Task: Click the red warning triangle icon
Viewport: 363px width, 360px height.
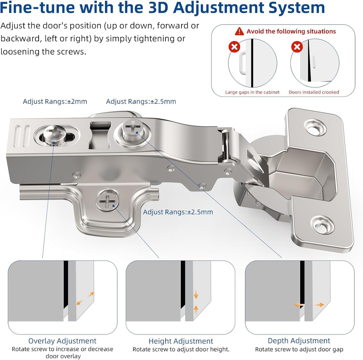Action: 239,31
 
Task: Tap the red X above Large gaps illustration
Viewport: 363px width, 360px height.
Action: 234,47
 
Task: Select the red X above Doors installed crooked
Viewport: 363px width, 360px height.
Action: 297,47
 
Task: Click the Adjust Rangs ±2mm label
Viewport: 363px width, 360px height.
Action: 55,102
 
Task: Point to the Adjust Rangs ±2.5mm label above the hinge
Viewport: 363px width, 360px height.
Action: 141,102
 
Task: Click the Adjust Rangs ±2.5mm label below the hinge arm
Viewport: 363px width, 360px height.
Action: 178,212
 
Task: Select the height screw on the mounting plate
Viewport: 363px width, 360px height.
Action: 107,200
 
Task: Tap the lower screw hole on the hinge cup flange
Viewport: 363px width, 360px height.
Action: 322,224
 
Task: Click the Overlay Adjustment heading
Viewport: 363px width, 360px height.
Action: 62,341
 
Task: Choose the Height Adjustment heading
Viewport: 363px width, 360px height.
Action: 181,341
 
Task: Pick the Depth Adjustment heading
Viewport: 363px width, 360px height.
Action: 299,341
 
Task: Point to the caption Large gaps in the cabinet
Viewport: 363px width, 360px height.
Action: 252,92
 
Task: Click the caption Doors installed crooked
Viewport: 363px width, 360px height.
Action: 314,92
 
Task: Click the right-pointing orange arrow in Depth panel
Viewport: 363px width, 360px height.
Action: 320,305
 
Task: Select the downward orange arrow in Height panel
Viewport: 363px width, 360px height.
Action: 196,294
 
